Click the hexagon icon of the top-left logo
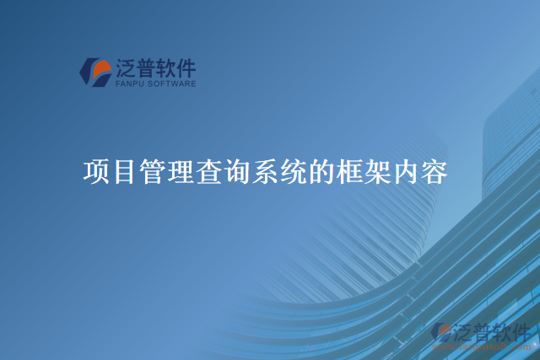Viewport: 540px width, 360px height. pyautogui.click(x=95, y=72)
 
